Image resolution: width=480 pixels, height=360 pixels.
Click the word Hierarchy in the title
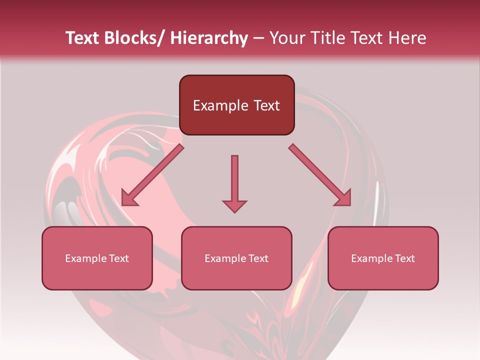pyautogui.click(x=209, y=38)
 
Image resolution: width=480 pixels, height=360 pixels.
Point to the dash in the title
pyautogui.click(x=258, y=38)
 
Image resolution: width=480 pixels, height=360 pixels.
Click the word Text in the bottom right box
pyautogui.click(x=404, y=258)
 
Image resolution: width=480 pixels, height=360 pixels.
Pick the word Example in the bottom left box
pyautogui.click(x=85, y=258)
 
